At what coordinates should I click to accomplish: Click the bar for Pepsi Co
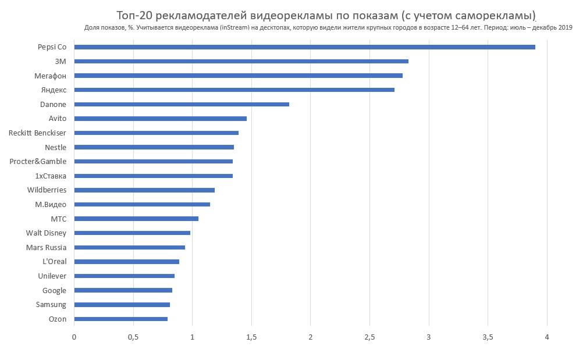304,47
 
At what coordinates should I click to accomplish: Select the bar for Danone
182,105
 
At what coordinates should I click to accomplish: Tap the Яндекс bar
234,90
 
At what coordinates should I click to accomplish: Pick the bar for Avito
161,119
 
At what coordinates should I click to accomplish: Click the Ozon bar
121,319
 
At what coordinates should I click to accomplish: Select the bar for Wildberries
144,190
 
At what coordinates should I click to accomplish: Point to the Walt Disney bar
132,233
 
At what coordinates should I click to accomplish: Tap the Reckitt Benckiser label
37,133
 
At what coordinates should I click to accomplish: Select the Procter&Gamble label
38,162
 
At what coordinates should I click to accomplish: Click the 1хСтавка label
51,176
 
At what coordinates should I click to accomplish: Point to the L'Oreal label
55,262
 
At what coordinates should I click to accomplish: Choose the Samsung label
51,305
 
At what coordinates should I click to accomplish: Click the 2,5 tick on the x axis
369,337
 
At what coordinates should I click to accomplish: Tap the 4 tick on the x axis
547,337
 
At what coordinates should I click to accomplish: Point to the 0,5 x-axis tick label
133,337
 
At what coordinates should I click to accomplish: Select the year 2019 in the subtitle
565,28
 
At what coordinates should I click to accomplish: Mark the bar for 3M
241,61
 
